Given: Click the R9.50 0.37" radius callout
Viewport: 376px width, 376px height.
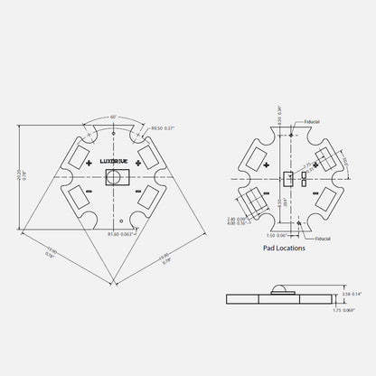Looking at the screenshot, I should click(x=165, y=129).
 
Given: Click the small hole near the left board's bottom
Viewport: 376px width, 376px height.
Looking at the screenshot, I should click(x=121, y=221).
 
